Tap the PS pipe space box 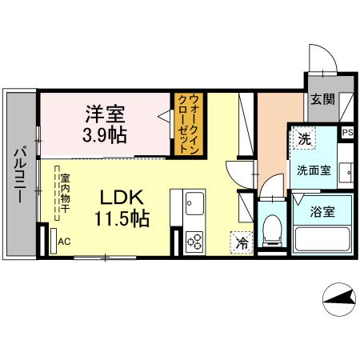point(347,133)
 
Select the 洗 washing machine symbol point(303,138)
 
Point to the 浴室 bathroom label point(323,213)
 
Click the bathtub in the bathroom point(322,238)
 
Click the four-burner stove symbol point(194,239)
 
